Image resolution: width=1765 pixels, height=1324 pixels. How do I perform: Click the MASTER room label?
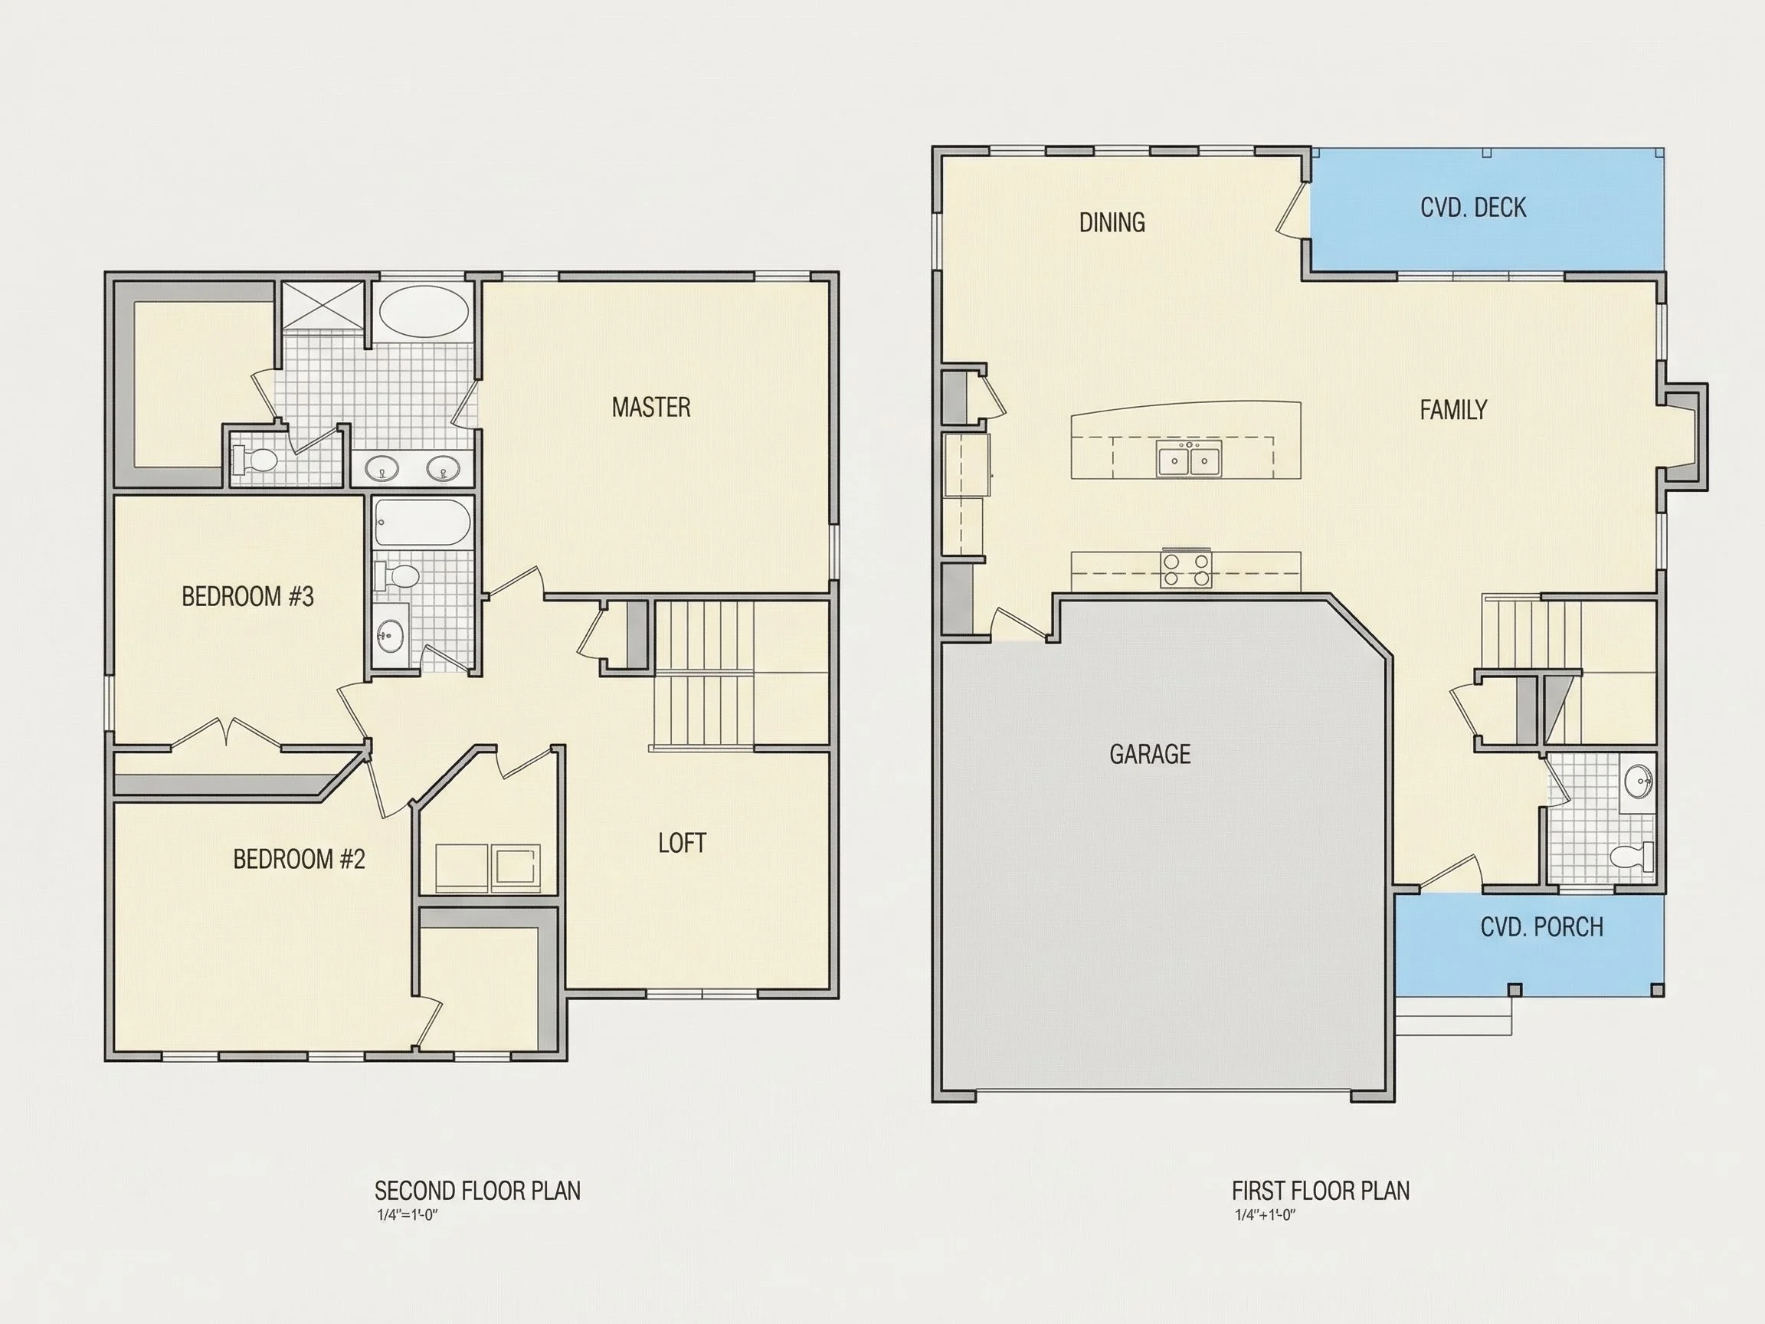click(650, 407)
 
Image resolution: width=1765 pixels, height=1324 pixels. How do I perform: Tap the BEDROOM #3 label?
click(247, 596)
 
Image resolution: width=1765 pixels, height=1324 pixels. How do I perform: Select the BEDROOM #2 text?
click(299, 859)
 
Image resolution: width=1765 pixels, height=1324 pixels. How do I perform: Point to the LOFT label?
click(682, 843)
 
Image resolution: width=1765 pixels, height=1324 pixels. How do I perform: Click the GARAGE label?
click(1150, 754)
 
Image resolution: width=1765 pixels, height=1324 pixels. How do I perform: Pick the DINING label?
click(1112, 222)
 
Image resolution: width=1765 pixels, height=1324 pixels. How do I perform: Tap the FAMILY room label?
click(1453, 410)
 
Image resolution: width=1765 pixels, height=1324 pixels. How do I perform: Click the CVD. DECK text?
click(1473, 208)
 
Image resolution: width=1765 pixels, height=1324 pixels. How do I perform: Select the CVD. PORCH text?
click(1541, 926)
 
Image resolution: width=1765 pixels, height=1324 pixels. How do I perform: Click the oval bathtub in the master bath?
click(424, 312)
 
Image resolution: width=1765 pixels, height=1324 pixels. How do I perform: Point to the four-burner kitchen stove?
click(1186, 569)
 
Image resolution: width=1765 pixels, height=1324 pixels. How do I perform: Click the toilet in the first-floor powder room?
click(1632, 857)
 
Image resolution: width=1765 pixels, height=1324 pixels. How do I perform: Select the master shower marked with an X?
click(323, 304)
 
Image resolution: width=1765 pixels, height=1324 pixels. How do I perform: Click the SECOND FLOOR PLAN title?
click(477, 1191)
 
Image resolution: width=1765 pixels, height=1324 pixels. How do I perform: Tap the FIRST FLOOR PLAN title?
click(1321, 1191)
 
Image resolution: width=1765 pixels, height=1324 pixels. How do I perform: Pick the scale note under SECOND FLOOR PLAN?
click(408, 1215)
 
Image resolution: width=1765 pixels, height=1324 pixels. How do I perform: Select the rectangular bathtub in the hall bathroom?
click(422, 522)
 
